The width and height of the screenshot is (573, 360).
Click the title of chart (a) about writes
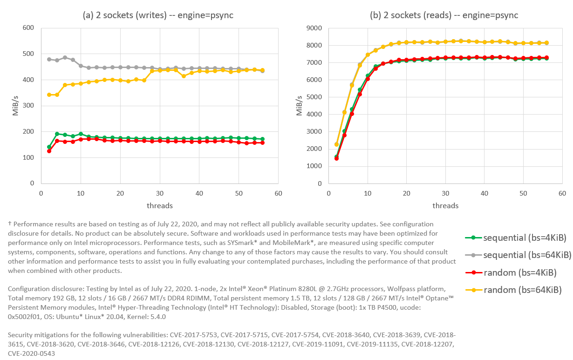point(158,15)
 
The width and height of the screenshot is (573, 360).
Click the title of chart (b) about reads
point(443,15)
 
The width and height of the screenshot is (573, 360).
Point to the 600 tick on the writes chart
point(28,28)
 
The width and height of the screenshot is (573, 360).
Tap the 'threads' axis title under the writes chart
point(160,205)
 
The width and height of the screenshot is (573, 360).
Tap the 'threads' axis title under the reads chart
point(445,205)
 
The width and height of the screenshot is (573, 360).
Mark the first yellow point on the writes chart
point(49,95)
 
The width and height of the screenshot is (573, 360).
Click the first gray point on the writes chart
point(49,59)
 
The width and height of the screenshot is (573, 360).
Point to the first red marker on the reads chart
point(336,158)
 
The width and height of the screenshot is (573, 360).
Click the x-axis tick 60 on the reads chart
point(562,193)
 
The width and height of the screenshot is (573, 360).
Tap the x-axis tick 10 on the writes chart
point(81,193)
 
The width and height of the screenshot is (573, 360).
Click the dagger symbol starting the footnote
point(10,224)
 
